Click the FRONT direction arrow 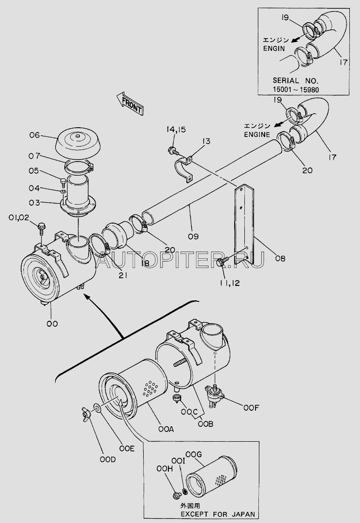[130, 104]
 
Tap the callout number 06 [34, 135]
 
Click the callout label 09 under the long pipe [193, 237]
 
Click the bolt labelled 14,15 [173, 151]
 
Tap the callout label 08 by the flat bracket [280, 258]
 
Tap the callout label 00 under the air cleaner [52, 324]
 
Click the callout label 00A [166, 429]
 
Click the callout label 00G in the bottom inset [193, 454]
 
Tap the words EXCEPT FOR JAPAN [218, 514]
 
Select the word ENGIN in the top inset [274, 48]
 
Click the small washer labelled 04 [62, 192]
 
